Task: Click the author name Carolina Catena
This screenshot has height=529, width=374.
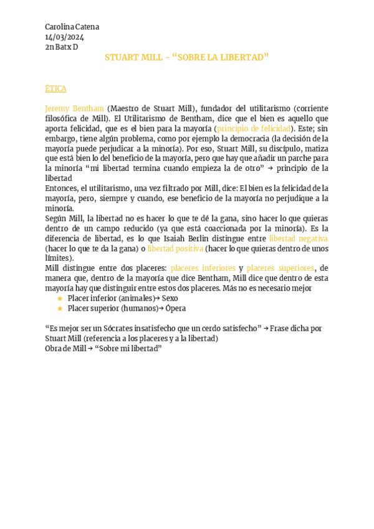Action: (x=72, y=27)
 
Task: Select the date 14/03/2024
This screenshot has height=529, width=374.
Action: (x=64, y=37)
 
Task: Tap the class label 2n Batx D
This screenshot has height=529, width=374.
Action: (x=62, y=47)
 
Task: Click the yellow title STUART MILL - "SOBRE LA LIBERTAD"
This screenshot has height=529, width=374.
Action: (x=186, y=57)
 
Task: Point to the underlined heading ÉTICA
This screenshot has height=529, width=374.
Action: (x=55, y=89)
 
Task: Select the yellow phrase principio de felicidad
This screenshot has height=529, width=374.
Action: (x=254, y=129)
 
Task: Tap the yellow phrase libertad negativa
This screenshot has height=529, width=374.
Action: (x=298, y=238)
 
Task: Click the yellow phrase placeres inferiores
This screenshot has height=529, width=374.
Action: (x=203, y=268)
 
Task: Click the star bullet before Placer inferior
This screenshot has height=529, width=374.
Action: (x=60, y=298)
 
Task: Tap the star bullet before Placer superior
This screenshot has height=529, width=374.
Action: (x=60, y=308)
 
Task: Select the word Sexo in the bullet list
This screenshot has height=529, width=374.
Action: (x=170, y=298)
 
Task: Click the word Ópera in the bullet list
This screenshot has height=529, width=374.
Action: (x=175, y=308)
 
